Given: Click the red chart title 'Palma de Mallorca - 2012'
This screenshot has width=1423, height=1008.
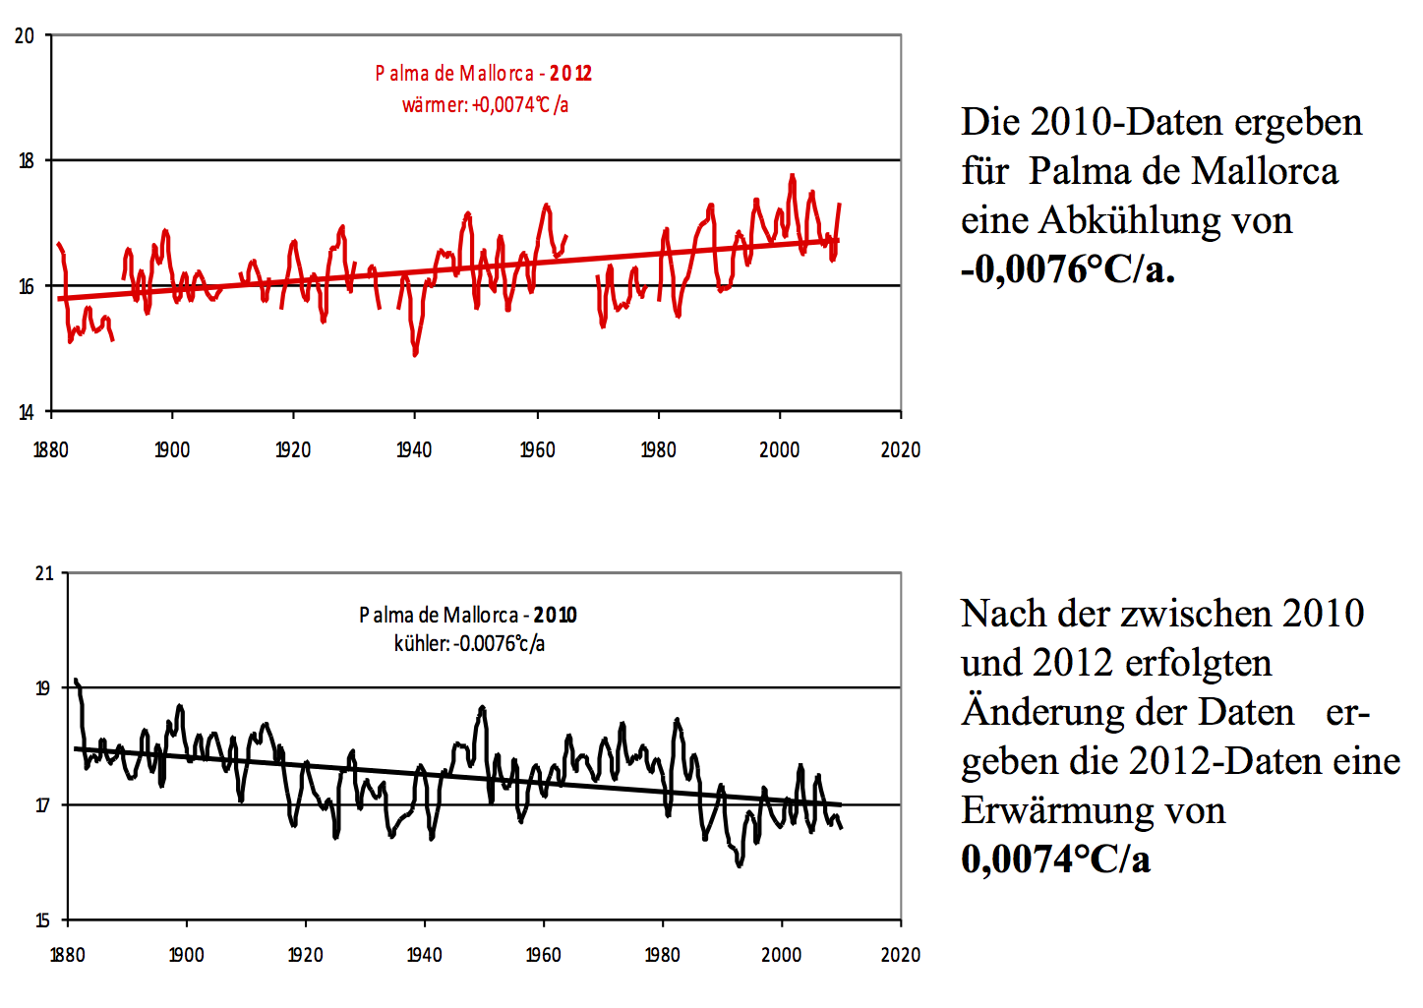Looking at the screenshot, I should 483,74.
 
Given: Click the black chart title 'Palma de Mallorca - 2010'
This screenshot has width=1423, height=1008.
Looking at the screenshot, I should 467,616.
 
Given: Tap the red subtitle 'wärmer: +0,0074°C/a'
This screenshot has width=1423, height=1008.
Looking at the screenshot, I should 485,104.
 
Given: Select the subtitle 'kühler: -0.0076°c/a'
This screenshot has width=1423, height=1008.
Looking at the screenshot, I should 469,644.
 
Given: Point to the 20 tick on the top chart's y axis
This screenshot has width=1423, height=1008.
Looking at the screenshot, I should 25,36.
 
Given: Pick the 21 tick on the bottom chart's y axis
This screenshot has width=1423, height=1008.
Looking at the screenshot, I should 43,573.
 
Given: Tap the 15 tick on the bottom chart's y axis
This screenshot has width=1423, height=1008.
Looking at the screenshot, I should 42,920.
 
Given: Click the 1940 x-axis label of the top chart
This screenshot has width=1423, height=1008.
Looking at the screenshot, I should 414,450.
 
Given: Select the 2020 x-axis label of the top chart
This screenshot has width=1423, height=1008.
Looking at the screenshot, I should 900,450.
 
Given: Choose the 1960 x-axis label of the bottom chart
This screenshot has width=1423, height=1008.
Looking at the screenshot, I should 543,955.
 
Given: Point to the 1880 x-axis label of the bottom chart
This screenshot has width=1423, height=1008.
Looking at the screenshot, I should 67,955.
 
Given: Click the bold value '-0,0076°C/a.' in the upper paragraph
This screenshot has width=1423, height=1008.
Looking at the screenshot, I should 1068,268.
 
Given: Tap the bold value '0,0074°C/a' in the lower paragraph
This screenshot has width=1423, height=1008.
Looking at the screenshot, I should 1055,859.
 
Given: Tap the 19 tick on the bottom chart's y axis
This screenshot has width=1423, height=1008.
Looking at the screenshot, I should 43,688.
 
